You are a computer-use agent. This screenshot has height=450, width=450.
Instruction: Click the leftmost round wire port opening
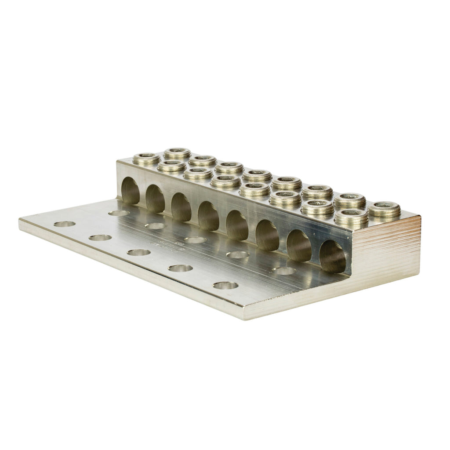point(130,192)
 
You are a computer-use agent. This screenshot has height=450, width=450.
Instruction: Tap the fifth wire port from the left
point(237,225)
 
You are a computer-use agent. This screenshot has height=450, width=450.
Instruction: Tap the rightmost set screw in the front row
point(351,218)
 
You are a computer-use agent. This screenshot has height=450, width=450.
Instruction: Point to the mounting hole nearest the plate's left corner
point(65,224)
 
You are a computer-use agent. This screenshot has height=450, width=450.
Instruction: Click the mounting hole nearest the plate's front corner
point(225,285)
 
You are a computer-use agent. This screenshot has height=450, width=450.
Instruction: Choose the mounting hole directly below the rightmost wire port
point(284,271)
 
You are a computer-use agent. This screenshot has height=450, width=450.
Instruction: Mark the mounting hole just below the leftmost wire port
point(119,213)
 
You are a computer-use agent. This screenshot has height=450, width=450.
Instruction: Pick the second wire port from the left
point(155,199)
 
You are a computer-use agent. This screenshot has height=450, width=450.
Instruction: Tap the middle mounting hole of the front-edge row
point(139,253)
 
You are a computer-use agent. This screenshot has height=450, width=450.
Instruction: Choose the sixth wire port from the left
point(267,235)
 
